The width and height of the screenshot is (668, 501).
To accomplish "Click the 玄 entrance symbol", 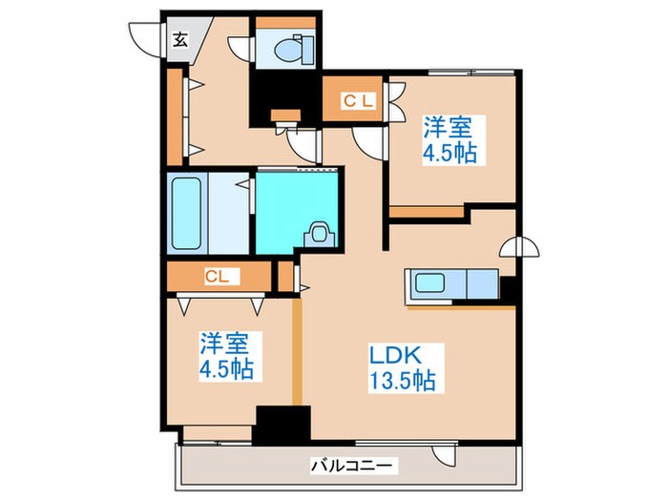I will (180, 39).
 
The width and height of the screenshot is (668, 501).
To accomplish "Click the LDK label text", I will (394, 353).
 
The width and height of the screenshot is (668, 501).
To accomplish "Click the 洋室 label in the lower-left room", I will (226, 341).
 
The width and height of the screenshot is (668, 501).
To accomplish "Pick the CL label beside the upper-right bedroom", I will (359, 98).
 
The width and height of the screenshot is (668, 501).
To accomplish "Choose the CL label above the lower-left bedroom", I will (219, 277).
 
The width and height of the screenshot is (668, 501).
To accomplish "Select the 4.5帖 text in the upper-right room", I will (451, 153).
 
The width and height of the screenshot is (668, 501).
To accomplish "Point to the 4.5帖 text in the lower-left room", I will (227, 368).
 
